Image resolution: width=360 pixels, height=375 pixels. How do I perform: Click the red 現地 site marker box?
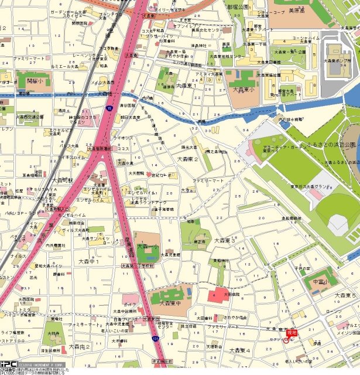click(291, 332)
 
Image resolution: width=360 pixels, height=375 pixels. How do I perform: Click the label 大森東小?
click(244, 90)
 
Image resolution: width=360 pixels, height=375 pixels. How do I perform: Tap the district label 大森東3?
click(224, 240)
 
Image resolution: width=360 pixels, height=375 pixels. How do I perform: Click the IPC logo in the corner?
click(8, 364)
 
